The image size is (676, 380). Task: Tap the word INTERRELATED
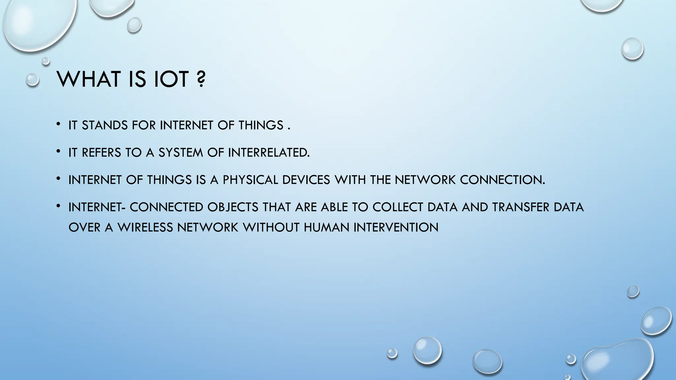tap(269, 153)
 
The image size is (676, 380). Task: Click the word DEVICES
tap(306, 180)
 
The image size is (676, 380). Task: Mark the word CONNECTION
tap(502, 180)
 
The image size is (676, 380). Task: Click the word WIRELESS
tap(145, 227)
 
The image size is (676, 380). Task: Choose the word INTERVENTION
tap(396, 227)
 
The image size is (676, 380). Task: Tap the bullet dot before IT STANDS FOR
tap(58, 124)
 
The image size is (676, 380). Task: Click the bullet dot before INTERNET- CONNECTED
tap(58, 206)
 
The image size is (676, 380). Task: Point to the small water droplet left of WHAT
tap(32, 80)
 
